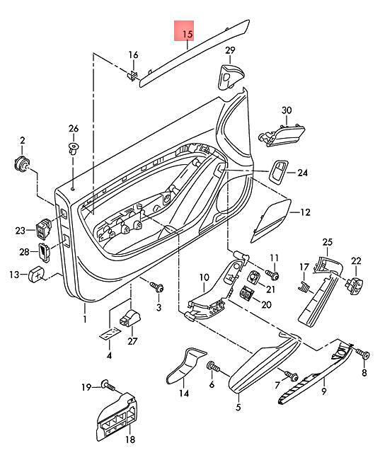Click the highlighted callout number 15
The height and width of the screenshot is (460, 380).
(x=188, y=35)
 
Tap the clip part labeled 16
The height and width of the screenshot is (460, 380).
(x=132, y=75)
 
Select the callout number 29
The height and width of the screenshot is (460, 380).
(x=231, y=50)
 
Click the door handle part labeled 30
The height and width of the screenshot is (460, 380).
(x=282, y=134)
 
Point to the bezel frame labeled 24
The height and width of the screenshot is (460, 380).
(x=278, y=172)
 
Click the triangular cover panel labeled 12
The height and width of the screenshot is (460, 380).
(x=271, y=220)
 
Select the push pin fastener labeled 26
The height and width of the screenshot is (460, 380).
(x=74, y=149)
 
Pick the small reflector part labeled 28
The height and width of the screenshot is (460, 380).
(x=44, y=252)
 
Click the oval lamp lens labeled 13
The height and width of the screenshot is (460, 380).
(x=35, y=274)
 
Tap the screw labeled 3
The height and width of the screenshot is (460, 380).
(x=156, y=287)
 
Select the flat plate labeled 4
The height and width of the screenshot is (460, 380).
(x=110, y=334)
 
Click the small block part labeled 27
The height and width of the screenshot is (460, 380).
(x=129, y=318)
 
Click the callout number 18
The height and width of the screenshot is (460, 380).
(x=130, y=439)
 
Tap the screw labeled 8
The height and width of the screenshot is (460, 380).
(x=363, y=355)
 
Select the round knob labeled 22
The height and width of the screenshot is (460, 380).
(x=355, y=283)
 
